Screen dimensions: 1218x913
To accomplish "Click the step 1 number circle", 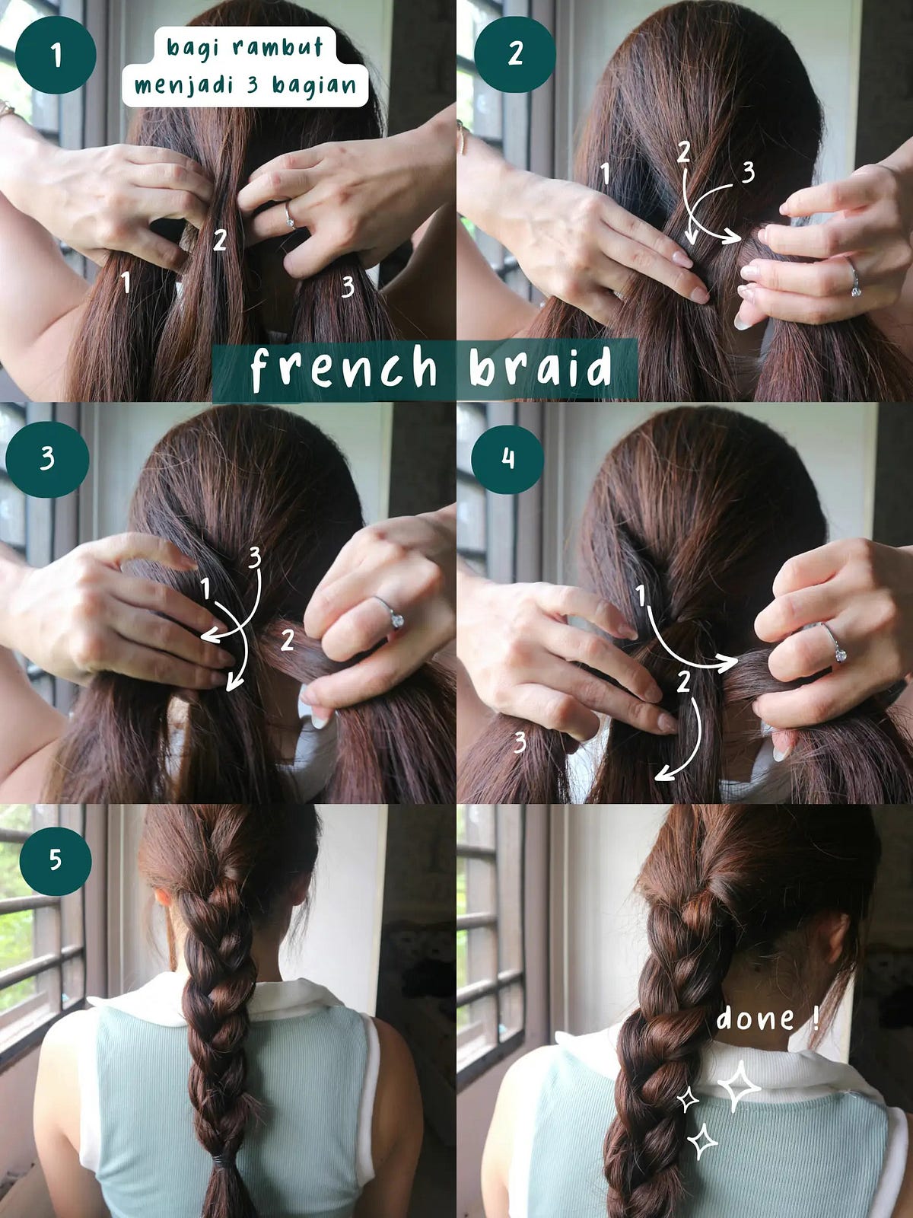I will point(55,54).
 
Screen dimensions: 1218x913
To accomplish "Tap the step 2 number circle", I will point(514,54).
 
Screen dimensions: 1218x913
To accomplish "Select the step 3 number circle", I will point(47,459).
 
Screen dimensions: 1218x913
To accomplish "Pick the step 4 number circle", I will point(507,459).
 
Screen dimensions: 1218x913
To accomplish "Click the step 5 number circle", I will point(56,860).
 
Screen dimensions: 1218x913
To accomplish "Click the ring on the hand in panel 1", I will point(290,215).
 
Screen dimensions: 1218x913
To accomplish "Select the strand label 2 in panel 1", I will point(220,241).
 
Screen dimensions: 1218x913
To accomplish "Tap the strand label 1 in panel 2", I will point(605,174).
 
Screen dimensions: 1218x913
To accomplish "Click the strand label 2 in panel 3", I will point(287,639).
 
